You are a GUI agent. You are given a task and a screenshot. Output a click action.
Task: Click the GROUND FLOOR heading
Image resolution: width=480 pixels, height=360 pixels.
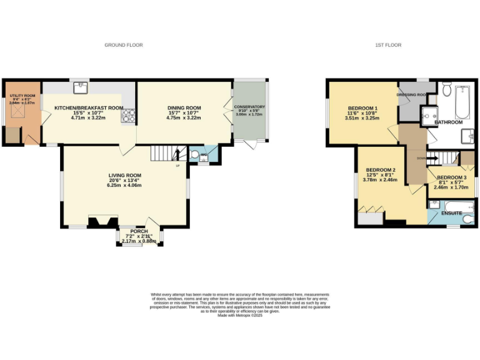tap(124, 45)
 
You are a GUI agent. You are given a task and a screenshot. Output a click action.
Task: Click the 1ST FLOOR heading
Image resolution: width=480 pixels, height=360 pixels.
tap(387, 45)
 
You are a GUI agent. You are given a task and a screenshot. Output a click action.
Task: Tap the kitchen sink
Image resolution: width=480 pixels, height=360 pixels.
tap(78, 87)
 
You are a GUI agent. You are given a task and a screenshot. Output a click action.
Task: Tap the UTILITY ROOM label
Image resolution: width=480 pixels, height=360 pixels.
tap(22, 95)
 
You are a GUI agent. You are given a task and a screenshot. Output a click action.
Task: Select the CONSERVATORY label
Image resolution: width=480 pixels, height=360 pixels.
tap(249, 107)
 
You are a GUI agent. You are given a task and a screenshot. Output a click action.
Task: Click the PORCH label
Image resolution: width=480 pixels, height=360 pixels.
tap(139, 231)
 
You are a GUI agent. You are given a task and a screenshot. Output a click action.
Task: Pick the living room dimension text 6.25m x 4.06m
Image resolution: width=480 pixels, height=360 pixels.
tap(123, 185)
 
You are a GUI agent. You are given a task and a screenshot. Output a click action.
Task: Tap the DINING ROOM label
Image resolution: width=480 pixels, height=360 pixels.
tap(184, 107)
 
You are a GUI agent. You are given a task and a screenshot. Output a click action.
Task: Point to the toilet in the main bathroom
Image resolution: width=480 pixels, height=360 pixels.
tap(446, 89)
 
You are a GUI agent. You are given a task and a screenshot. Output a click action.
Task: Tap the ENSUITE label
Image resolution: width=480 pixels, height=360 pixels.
tap(451, 214)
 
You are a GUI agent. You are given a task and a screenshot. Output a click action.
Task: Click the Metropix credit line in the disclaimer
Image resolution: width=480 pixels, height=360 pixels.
tap(239, 316)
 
